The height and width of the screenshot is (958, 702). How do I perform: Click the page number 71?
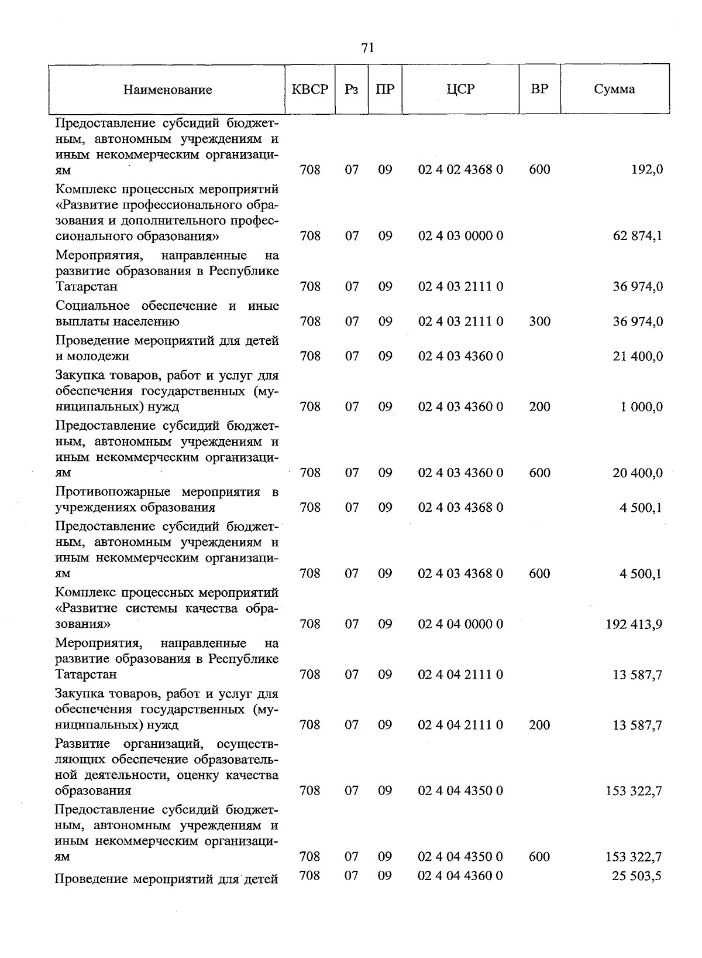[x=367, y=48]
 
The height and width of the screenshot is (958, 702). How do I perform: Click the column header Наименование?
[x=167, y=90]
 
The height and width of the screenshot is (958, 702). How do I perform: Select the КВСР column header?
[x=310, y=89]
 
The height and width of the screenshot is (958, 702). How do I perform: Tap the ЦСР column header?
[x=460, y=89]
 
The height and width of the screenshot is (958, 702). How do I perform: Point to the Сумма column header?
[x=614, y=89]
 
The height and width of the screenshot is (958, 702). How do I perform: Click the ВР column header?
[x=539, y=89]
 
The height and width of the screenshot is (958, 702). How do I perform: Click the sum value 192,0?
[x=647, y=170]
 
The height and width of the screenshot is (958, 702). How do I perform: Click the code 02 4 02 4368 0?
[x=460, y=170]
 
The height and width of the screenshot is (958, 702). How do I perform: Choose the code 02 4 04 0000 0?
[x=460, y=624]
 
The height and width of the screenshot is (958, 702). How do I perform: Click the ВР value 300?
[x=539, y=321]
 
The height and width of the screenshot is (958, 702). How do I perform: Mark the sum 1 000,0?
[x=642, y=407]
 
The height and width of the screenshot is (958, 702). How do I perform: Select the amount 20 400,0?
[x=638, y=473]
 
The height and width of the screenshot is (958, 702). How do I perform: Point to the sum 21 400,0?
[x=638, y=356]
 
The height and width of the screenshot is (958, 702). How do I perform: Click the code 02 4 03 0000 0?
[x=460, y=236]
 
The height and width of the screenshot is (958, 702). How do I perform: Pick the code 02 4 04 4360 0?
[x=460, y=875]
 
